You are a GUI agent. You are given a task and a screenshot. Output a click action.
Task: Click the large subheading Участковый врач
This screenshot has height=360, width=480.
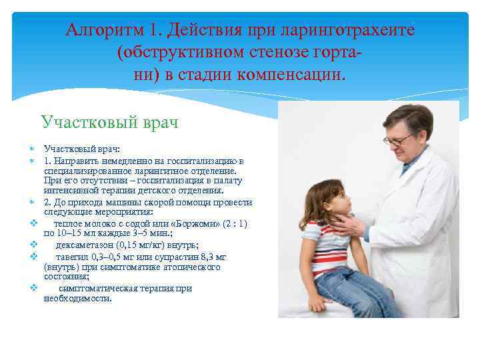(x=109, y=122)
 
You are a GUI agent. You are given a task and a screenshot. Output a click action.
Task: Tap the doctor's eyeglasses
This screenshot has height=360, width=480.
(x=397, y=139)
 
